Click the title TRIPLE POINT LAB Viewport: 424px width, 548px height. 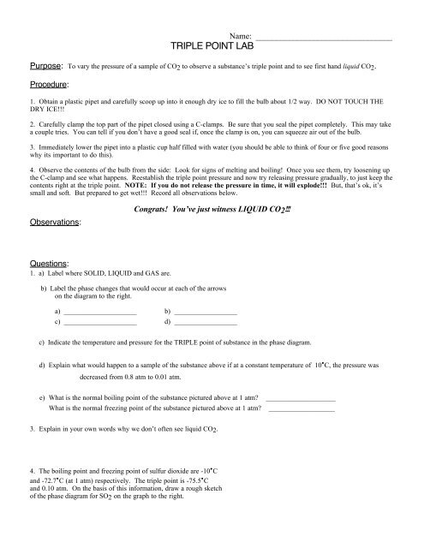click(212, 49)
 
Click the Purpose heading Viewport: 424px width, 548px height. click(39, 74)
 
